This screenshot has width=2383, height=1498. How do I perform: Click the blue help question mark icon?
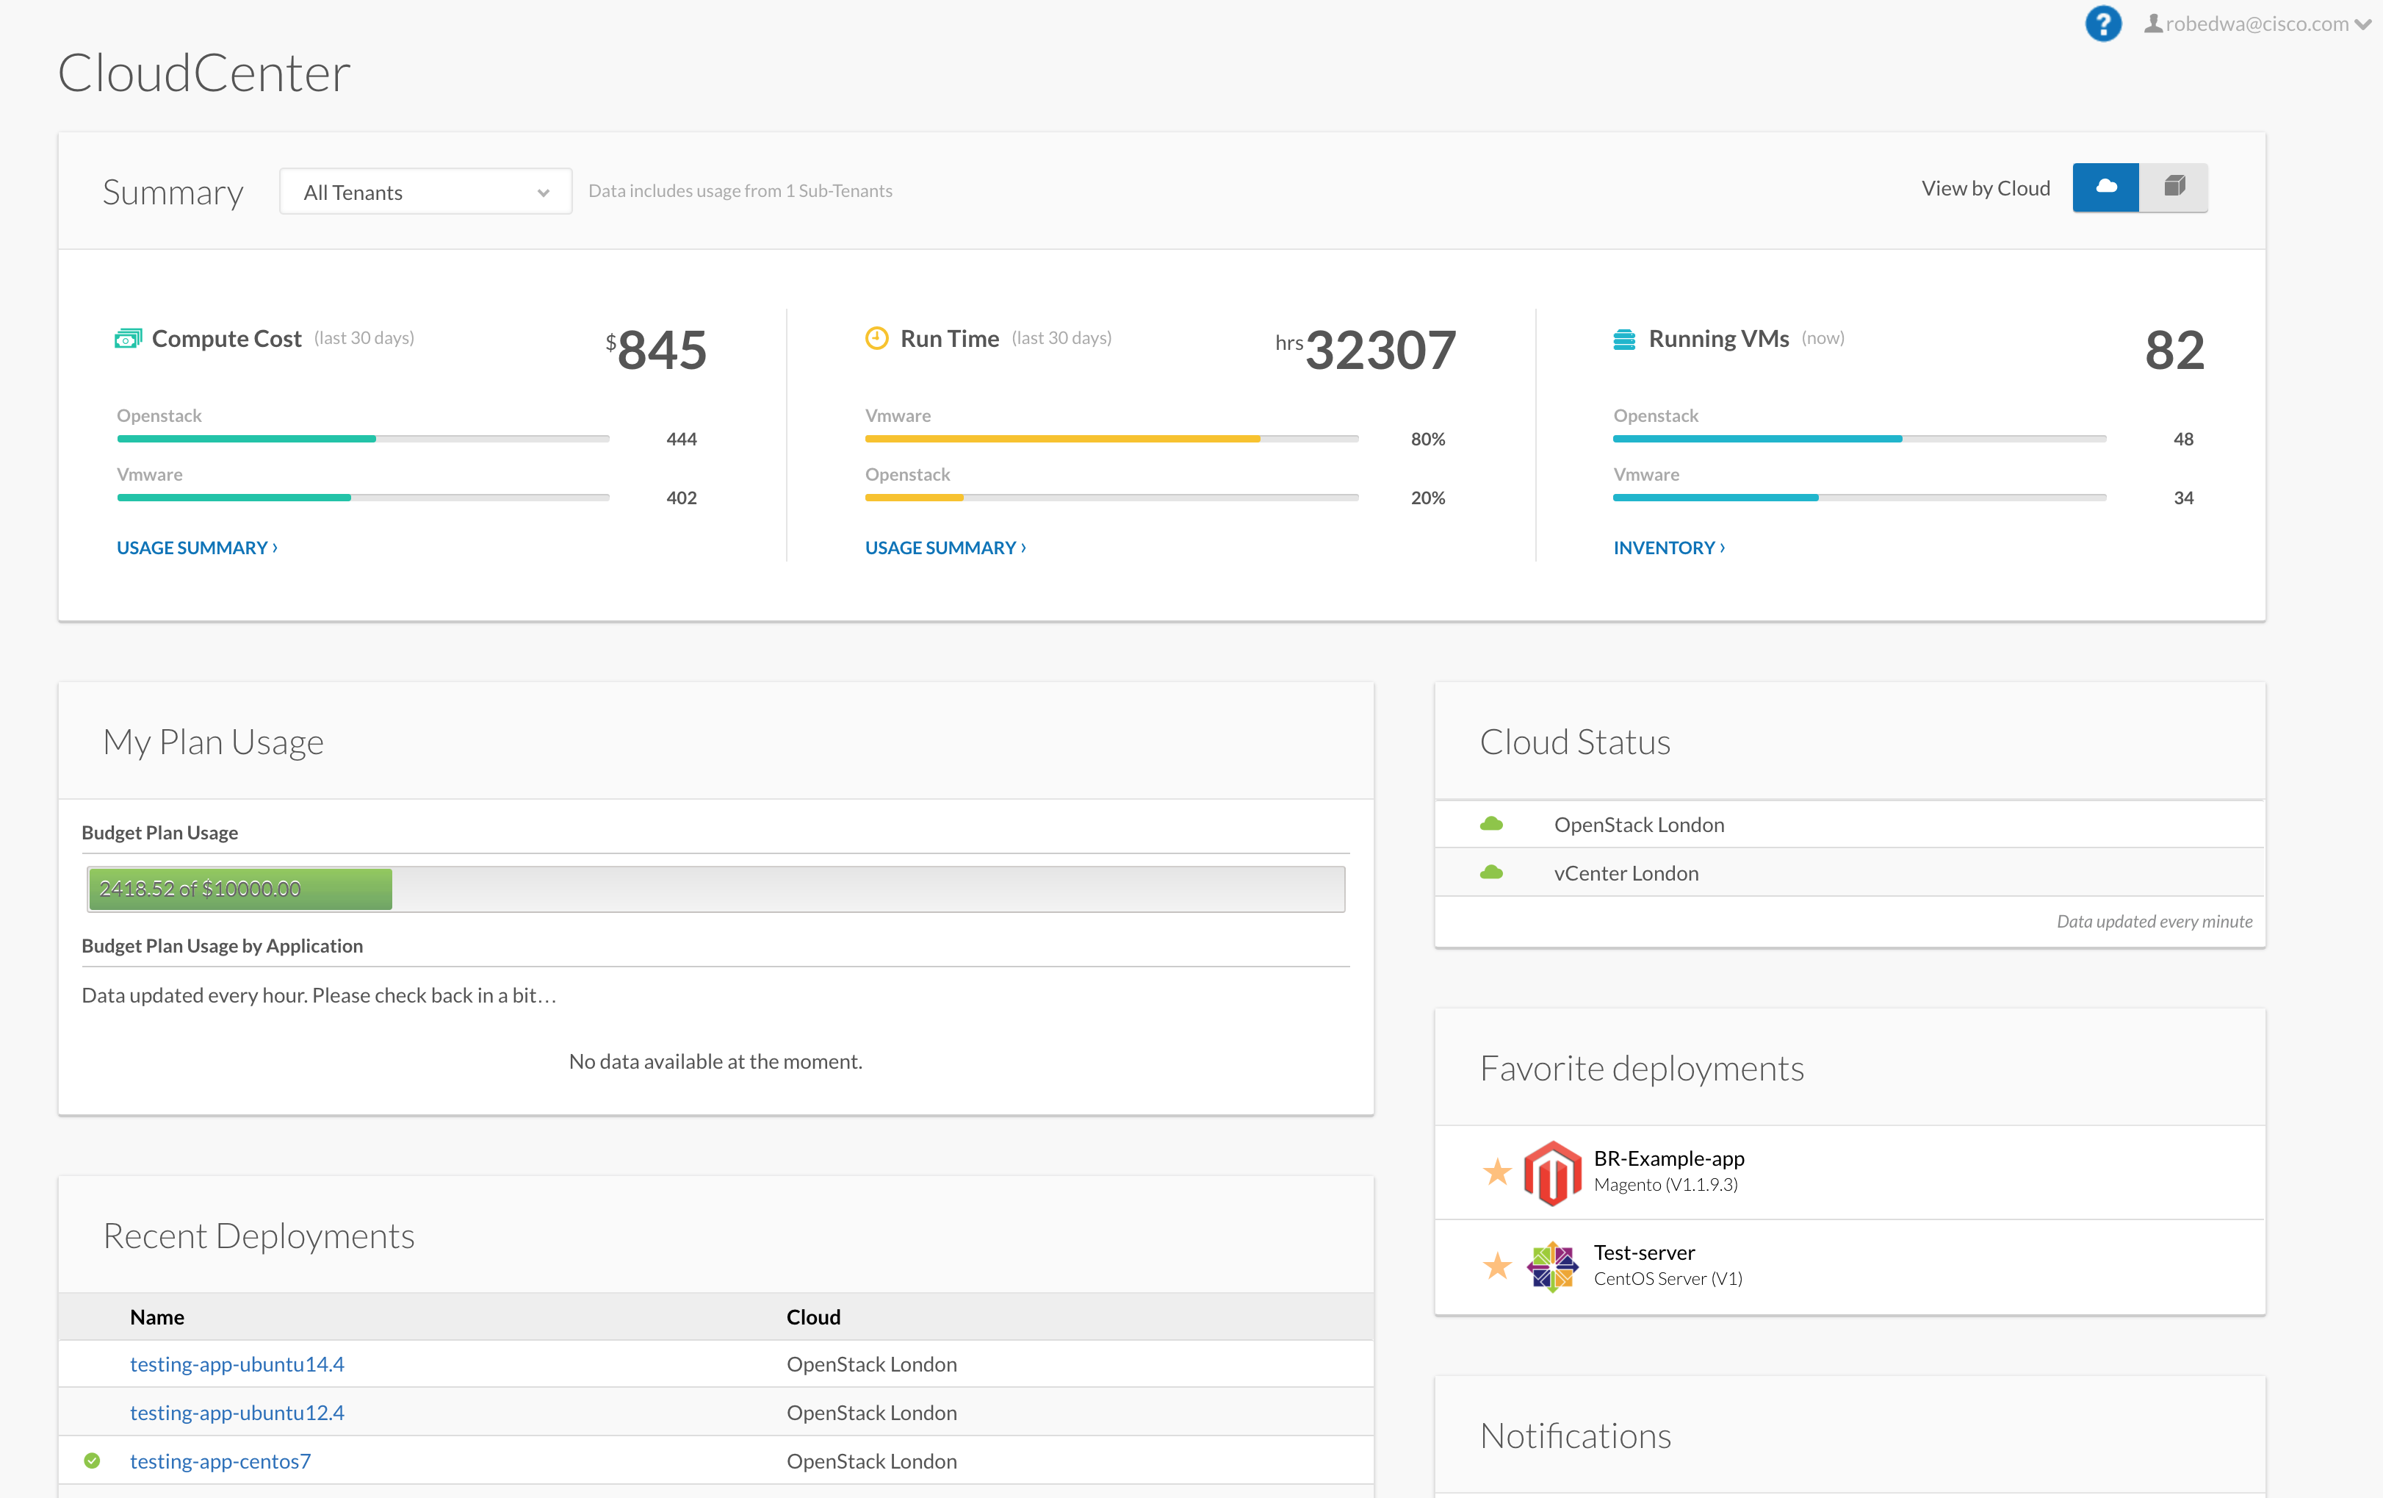(x=2103, y=24)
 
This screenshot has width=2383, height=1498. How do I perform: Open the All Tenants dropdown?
(x=425, y=192)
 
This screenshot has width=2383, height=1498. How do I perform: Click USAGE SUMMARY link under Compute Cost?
(x=197, y=548)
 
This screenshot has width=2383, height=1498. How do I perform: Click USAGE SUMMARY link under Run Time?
(x=945, y=548)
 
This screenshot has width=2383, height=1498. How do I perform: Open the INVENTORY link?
(x=1668, y=548)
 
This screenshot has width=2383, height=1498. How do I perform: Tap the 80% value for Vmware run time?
(x=1427, y=440)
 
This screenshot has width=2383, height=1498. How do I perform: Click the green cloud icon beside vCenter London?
(x=1491, y=872)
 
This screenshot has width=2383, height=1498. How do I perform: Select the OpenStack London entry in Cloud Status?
(x=1639, y=825)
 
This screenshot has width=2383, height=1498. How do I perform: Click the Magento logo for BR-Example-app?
(x=1551, y=1172)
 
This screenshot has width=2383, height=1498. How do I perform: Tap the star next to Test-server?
(x=1497, y=1265)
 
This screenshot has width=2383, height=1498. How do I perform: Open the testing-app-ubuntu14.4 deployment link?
(x=237, y=1364)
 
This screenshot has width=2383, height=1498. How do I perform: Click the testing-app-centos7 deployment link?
(x=220, y=1461)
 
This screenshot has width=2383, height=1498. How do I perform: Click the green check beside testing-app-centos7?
(x=92, y=1461)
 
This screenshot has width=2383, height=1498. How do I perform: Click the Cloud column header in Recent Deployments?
(x=812, y=1317)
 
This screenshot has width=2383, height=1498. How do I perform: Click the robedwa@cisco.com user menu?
(x=2257, y=24)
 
